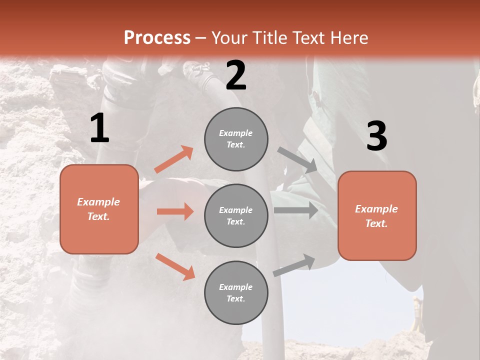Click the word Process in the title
click(x=157, y=37)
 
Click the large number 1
click(x=99, y=128)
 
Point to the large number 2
click(x=236, y=76)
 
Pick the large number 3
click(x=376, y=136)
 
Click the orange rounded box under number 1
click(x=99, y=209)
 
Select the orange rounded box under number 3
click(x=377, y=215)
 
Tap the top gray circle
click(x=236, y=139)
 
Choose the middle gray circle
click(x=236, y=215)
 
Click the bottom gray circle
click(x=236, y=292)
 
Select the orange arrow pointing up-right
click(x=174, y=159)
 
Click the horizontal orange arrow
click(x=175, y=211)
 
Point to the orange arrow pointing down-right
click(x=175, y=266)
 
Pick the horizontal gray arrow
click(x=296, y=210)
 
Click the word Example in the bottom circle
click(x=236, y=287)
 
